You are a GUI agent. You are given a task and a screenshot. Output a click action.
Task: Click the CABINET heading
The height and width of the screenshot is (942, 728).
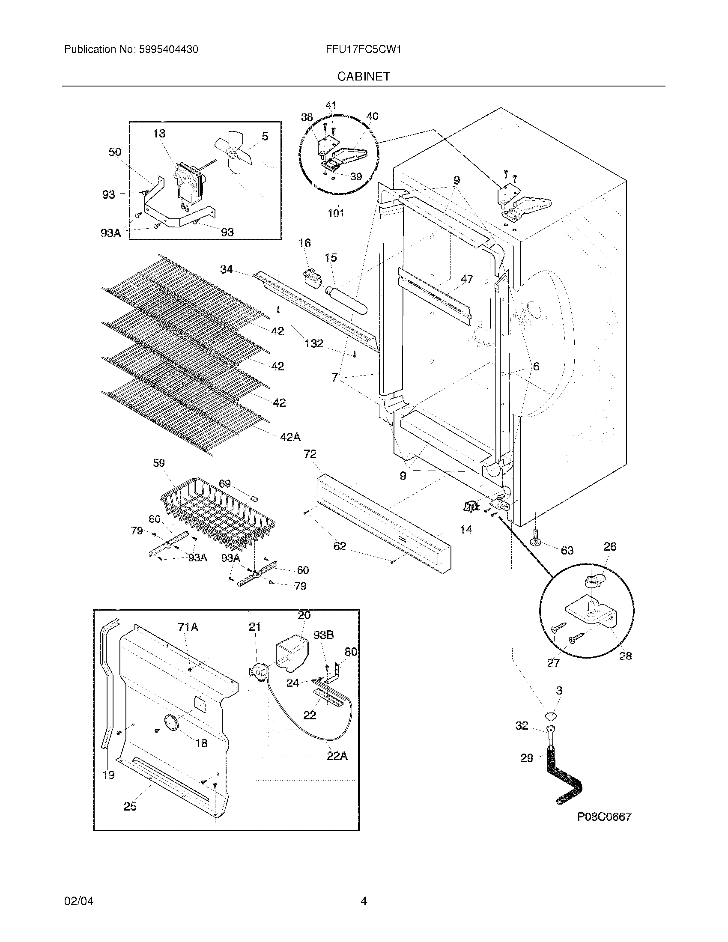click(364, 76)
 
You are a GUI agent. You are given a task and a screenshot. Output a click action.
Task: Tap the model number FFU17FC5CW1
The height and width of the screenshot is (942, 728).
click(364, 49)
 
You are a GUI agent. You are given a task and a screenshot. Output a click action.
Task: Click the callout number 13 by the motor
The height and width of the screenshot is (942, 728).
click(159, 134)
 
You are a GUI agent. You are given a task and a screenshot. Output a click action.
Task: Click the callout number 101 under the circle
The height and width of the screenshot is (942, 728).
click(336, 213)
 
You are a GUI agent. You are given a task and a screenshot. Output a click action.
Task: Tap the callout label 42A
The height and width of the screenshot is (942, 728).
click(290, 437)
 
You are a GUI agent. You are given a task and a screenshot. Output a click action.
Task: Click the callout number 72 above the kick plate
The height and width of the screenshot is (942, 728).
click(310, 454)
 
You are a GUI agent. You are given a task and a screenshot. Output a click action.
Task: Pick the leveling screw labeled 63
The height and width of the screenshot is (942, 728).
click(535, 537)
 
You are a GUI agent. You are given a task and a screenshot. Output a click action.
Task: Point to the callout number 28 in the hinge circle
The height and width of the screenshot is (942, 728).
click(625, 656)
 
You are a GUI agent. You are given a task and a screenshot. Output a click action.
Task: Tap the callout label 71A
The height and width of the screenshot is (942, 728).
click(188, 627)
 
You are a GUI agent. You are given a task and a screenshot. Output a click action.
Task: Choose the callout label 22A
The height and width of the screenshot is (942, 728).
click(337, 756)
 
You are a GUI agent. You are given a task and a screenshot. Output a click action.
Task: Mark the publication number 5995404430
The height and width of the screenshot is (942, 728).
click(169, 49)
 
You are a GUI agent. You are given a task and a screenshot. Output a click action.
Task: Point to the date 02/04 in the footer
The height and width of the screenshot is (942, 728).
click(78, 901)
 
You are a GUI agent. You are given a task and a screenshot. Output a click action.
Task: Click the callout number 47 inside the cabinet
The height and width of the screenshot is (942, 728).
click(467, 279)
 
